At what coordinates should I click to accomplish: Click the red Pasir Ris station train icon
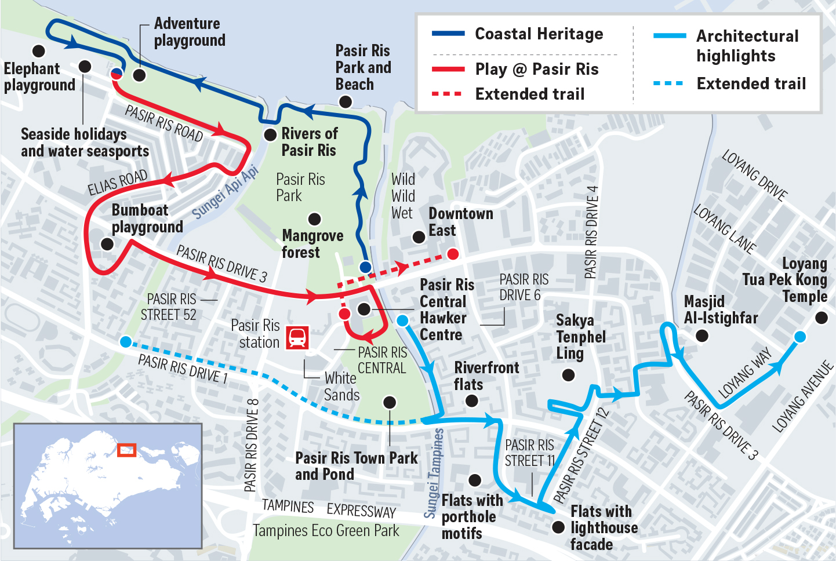click(297, 337)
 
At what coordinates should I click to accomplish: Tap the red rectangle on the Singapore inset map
click(126, 450)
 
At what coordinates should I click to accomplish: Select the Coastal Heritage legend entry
click(539, 34)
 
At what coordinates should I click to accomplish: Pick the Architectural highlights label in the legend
click(747, 46)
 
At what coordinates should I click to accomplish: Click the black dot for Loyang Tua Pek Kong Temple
click(822, 318)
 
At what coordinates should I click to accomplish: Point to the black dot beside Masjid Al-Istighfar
click(702, 336)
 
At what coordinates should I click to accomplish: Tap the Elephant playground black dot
click(39, 51)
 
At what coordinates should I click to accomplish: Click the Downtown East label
click(460, 222)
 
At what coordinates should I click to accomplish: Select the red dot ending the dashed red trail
click(453, 254)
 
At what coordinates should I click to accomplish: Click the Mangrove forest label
click(312, 244)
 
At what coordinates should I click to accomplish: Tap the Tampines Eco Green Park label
click(326, 530)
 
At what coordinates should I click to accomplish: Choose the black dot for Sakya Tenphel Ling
click(569, 375)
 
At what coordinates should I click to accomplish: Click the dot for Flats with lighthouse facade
click(558, 527)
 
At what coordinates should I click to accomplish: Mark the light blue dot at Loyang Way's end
click(799, 337)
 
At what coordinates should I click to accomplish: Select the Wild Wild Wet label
click(403, 196)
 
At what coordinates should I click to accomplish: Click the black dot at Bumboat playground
click(107, 244)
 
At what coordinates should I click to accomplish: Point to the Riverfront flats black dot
click(472, 400)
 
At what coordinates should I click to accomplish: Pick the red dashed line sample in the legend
click(447, 94)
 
